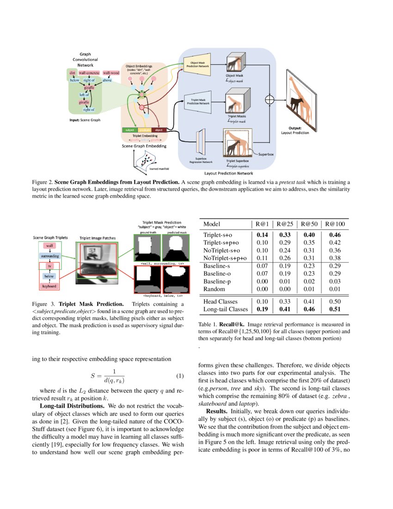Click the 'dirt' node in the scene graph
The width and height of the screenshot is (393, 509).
73,73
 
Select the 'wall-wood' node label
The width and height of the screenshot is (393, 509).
111,73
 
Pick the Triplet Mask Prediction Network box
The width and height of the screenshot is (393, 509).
197,102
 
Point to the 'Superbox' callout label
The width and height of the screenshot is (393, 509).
266,153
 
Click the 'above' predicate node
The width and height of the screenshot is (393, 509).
107,80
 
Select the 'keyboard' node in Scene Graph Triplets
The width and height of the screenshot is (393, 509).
49,286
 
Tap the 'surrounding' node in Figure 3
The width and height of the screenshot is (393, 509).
49,256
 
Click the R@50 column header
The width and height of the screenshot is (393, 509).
309,224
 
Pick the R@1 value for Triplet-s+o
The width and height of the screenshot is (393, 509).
262,235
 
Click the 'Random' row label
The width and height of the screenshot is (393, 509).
214,289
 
